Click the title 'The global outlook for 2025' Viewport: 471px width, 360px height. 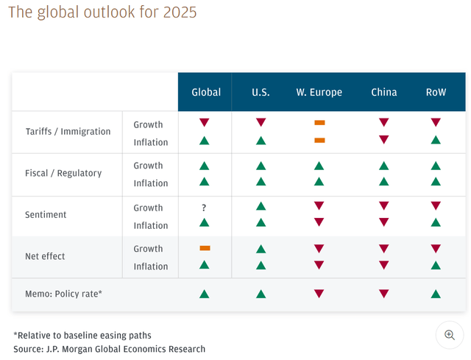102,13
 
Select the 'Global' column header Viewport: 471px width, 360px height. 206,92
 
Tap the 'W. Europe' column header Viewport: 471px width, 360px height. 319,92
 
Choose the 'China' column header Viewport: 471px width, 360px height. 384,92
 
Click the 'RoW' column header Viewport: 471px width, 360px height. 436,92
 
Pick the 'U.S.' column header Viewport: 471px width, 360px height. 261,92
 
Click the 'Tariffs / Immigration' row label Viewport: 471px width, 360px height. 68,132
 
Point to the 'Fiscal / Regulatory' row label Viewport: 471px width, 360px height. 63,174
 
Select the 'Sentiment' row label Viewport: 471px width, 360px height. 46,215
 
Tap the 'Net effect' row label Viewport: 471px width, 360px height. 45,256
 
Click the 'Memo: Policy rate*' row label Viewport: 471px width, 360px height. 64,294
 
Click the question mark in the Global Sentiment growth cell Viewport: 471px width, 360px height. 204,208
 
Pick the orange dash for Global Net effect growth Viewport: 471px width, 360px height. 205,249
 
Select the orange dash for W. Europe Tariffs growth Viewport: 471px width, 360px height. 319,122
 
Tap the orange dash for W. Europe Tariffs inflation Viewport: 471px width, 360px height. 319,140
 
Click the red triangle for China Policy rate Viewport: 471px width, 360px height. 384,294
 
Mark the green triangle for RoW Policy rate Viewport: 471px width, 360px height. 436,294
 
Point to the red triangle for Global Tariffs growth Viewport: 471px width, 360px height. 205,122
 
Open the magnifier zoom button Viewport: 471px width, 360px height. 449,335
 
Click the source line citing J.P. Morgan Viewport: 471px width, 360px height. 109,348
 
